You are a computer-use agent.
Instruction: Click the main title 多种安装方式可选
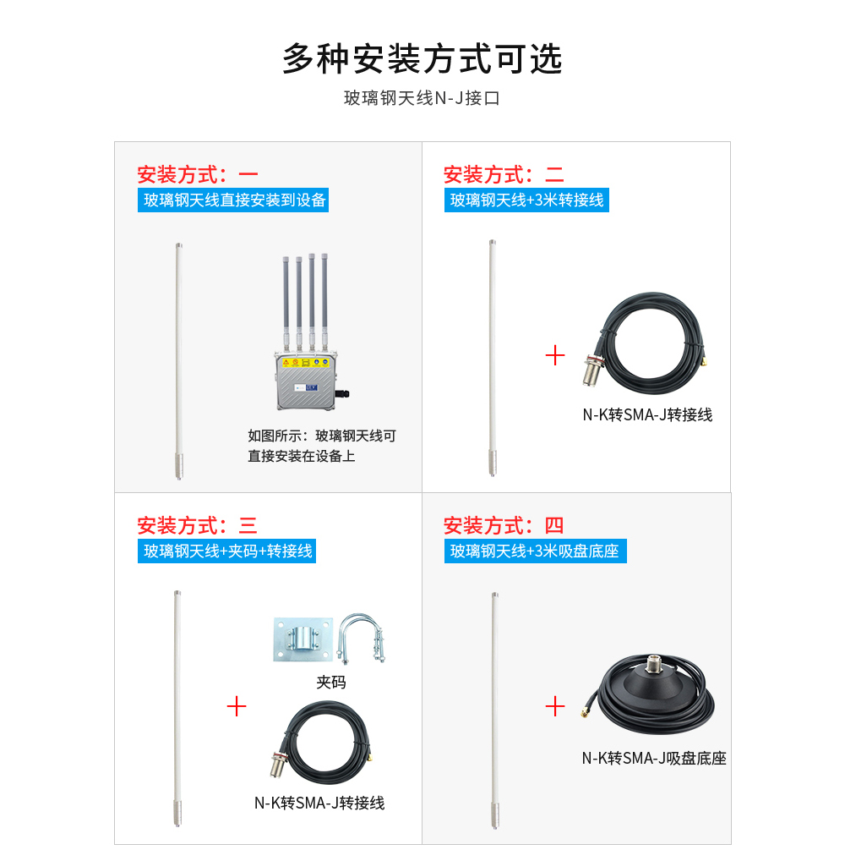[x=422, y=58]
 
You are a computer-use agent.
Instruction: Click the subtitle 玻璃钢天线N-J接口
[x=422, y=98]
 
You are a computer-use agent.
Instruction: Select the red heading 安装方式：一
[x=198, y=174]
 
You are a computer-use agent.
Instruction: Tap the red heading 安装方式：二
[x=504, y=174]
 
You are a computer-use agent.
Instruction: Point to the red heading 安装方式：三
[x=198, y=525]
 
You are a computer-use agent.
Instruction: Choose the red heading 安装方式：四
[x=504, y=525]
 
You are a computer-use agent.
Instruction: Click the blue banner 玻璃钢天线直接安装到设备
[x=233, y=200]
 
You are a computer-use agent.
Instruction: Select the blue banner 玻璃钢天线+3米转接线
[x=526, y=200]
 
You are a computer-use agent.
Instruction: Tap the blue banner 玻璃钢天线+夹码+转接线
[x=226, y=551]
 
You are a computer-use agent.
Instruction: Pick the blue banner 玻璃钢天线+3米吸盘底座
[x=536, y=551]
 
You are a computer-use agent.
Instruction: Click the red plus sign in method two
[x=555, y=355]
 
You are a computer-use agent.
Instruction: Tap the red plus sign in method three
[x=237, y=706]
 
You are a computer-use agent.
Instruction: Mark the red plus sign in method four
[x=555, y=706]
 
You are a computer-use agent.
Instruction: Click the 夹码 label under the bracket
[x=331, y=682]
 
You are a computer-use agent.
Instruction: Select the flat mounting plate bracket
[x=303, y=639]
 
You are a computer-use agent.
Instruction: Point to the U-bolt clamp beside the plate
[x=362, y=638]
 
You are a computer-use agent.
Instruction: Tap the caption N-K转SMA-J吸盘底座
[x=654, y=759]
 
